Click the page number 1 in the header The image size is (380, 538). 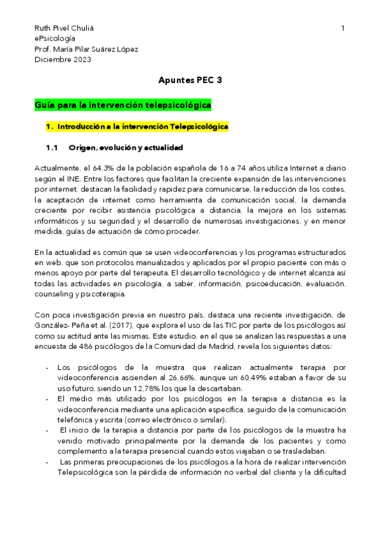point(343,29)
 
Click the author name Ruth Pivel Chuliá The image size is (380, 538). point(68,29)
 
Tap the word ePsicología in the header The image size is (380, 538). point(55,39)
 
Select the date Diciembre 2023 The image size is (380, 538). point(63,60)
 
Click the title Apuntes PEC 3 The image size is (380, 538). point(190,81)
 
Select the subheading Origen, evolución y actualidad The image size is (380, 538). point(126,148)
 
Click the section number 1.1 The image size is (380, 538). point(52,148)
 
